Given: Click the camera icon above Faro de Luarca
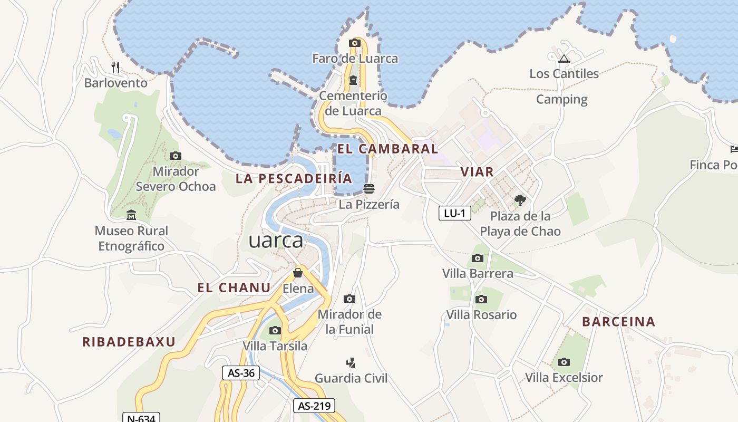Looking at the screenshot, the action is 355,43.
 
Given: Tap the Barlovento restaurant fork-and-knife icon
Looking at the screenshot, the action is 115,68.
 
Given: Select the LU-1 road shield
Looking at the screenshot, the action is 454,213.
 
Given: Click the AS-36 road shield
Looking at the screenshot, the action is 241,373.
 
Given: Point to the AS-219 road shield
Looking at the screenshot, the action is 314,406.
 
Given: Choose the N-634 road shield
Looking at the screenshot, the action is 142,418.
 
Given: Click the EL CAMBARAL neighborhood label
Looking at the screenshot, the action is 387,149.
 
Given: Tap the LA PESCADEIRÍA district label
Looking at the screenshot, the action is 294,178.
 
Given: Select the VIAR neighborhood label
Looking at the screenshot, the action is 477,171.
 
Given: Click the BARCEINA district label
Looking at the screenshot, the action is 618,322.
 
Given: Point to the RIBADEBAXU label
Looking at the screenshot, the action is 129,342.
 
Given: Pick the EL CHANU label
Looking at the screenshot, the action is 234,287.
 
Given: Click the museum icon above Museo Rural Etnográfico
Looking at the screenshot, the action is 131,215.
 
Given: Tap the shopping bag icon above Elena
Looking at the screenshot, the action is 298,273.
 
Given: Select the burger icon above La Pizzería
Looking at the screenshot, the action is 369,188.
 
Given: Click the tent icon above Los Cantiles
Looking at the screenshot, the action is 564,59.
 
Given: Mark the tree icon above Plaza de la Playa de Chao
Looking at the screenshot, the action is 520,200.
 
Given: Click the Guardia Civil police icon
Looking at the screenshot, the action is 351,362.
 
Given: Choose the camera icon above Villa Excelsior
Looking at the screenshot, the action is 564,362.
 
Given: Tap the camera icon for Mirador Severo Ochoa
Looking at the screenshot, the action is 176,156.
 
